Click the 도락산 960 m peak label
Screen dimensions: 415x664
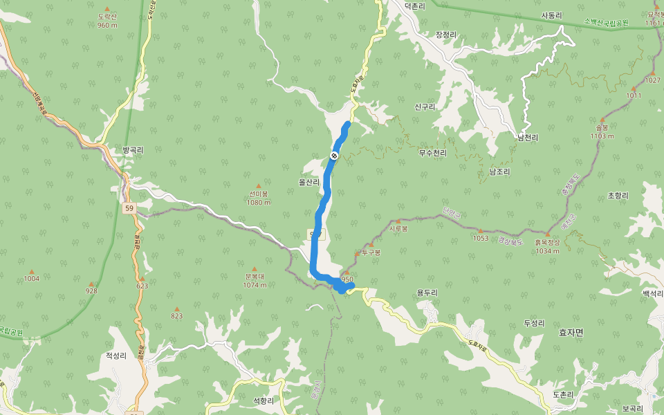click(x=107, y=20)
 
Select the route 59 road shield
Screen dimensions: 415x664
click(x=129, y=207)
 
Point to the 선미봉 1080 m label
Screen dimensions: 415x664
click(x=258, y=198)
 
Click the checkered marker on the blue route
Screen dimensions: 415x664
click(x=335, y=156)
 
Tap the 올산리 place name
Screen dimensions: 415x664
click(x=308, y=183)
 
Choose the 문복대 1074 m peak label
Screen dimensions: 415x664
click(x=255, y=281)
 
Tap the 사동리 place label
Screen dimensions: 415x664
click(x=552, y=15)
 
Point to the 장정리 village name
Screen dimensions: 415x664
click(x=447, y=34)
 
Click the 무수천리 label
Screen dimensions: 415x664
click(x=433, y=153)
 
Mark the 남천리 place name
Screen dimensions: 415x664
click(x=528, y=138)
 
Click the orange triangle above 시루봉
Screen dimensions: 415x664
click(x=398, y=221)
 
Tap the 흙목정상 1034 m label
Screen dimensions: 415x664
click(x=546, y=246)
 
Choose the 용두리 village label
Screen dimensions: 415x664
click(x=427, y=293)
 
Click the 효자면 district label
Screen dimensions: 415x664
click(x=571, y=333)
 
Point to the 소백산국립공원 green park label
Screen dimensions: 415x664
click(x=606, y=23)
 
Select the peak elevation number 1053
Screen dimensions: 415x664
click(x=481, y=238)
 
